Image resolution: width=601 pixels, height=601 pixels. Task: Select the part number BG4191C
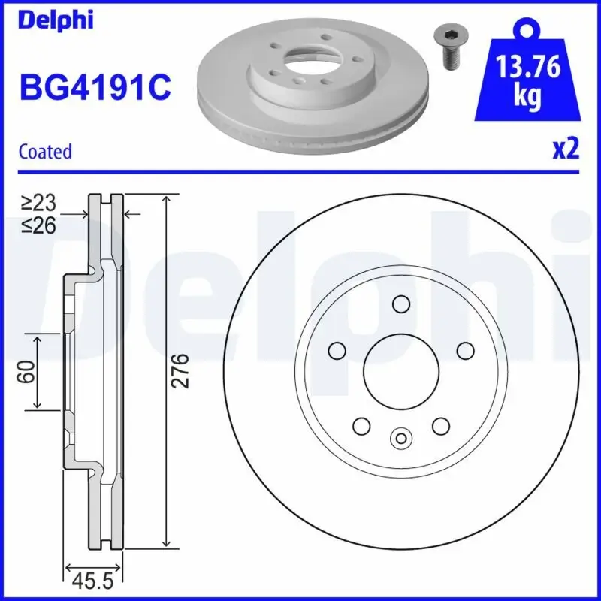pyautogui.click(x=95, y=88)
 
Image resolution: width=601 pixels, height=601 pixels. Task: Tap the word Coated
pyautogui.click(x=45, y=151)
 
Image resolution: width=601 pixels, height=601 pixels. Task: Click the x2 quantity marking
pyautogui.click(x=566, y=149)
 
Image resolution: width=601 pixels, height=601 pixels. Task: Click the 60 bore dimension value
pyautogui.click(x=27, y=371)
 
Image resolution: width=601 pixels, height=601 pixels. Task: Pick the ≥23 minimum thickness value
pyautogui.click(x=38, y=201)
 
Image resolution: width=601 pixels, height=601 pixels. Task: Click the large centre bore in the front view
pyautogui.click(x=400, y=369)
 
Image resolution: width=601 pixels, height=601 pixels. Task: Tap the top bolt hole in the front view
pyautogui.click(x=400, y=304)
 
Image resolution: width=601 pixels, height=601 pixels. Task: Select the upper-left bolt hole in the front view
pyautogui.click(x=337, y=350)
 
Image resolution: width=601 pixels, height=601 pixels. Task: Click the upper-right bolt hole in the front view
pyautogui.click(x=465, y=350)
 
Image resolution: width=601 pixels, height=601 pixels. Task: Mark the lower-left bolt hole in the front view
pyautogui.click(x=361, y=425)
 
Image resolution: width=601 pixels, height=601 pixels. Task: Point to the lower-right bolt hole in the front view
pyautogui.click(x=440, y=425)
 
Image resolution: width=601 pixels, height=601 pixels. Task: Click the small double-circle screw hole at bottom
pyautogui.click(x=400, y=437)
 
